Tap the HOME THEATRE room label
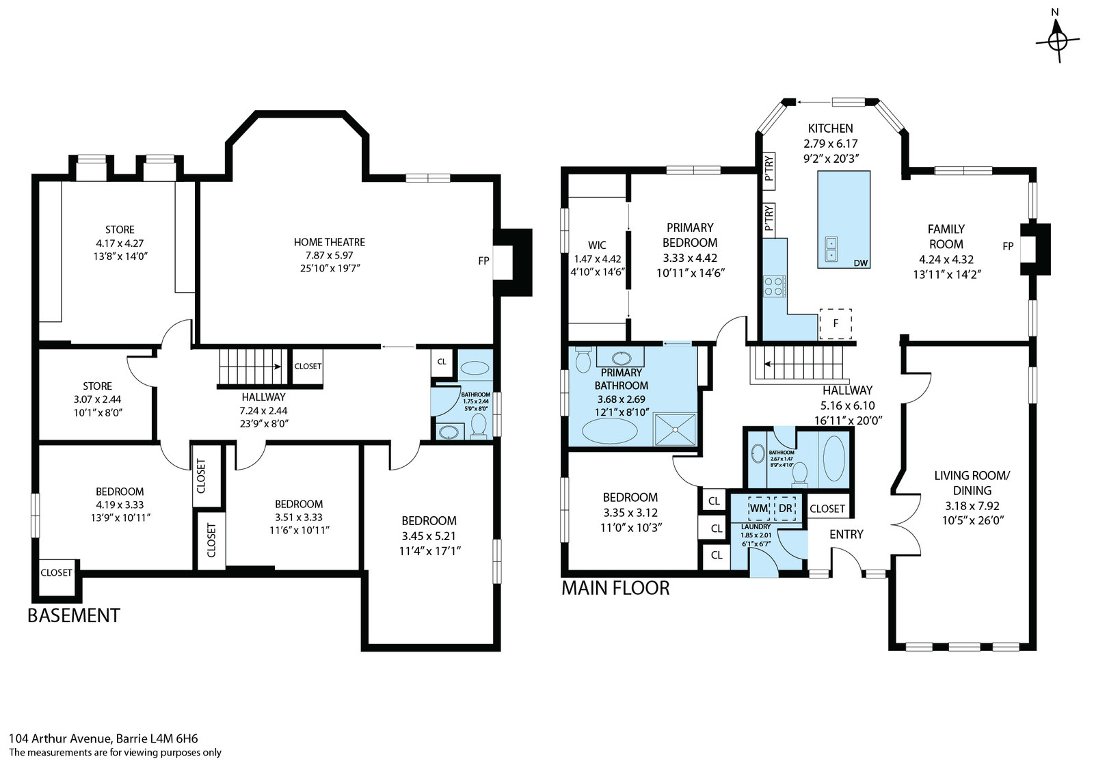(x=330, y=242)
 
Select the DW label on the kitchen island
(x=861, y=263)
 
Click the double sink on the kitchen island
(x=831, y=249)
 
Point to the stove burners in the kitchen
(x=775, y=286)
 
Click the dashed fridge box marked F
(x=836, y=323)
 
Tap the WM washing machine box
(x=758, y=508)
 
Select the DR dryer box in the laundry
(x=786, y=508)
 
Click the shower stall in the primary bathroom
(x=675, y=429)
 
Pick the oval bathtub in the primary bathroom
(x=609, y=431)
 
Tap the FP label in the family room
(x=1008, y=247)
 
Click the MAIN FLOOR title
(x=615, y=589)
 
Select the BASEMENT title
(x=74, y=616)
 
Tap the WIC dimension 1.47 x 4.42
(x=598, y=259)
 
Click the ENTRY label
(x=846, y=534)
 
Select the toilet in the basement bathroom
(x=479, y=425)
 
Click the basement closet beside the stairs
(x=308, y=366)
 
